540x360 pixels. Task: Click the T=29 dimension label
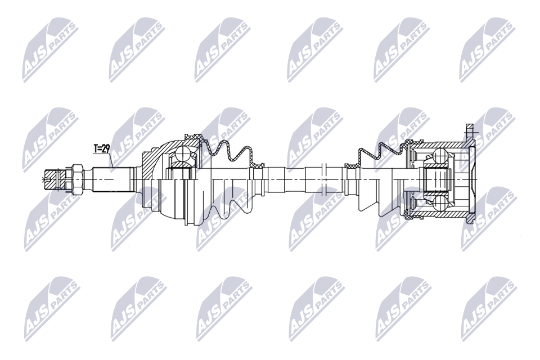pos(102,149)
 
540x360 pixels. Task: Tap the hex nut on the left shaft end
pos(78,179)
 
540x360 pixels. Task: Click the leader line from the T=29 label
pos(111,160)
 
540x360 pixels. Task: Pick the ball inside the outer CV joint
pos(183,154)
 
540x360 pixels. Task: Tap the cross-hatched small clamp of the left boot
pos(258,166)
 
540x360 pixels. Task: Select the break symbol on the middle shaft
pos(323,179)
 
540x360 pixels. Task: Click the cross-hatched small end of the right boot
pos(350,166)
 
